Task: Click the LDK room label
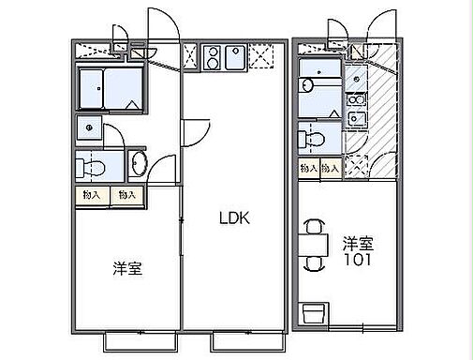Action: coord(234,218)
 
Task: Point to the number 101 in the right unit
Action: coord(356,261)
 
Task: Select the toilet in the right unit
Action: coord(313,140)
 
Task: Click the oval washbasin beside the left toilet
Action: coord(139,164)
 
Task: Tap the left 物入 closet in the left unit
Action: coord(90,195)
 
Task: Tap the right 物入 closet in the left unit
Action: coord(126,195)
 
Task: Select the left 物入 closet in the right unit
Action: coord(307,168)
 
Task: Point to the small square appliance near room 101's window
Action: coord(315,311)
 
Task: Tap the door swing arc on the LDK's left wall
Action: coord(194,131)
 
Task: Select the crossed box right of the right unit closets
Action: coord(356,166)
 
